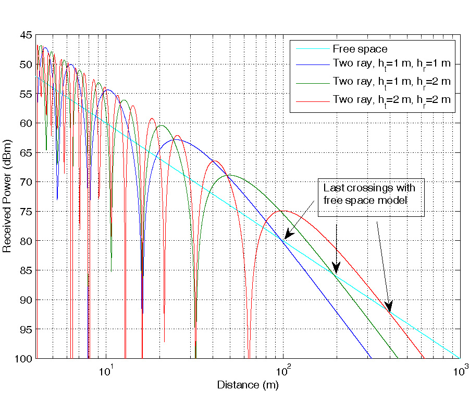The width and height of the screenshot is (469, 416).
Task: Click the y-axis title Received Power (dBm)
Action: (7, 196)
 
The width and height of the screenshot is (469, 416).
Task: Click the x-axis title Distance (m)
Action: (248, 385)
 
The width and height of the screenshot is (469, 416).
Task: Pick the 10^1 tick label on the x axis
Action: (106, 371)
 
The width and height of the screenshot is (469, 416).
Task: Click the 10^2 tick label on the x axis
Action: (283, 371)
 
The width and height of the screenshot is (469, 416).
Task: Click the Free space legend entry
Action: (360, 49)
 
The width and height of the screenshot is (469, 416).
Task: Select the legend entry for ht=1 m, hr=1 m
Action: (391, 65)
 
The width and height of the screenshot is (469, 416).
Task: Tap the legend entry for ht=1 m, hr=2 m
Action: (391, 82)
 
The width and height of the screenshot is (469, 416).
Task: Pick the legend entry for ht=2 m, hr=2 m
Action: (391, 99)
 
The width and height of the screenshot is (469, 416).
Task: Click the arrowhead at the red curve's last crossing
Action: (388, 307)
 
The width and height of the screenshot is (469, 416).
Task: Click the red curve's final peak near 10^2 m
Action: (283, 211)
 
